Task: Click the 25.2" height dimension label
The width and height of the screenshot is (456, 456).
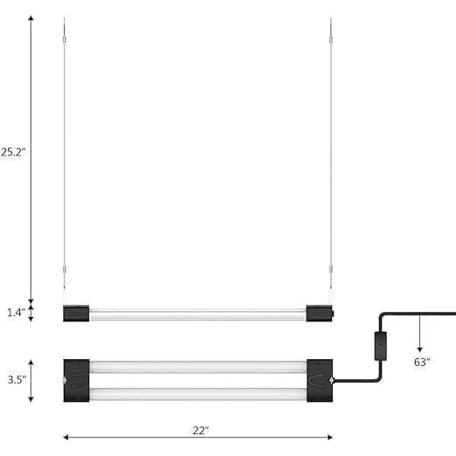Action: [x=12, y=151]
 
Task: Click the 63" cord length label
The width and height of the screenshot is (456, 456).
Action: [x=423, y=362]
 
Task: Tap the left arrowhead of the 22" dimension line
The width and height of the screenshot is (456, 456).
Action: [x=66, y=437]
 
